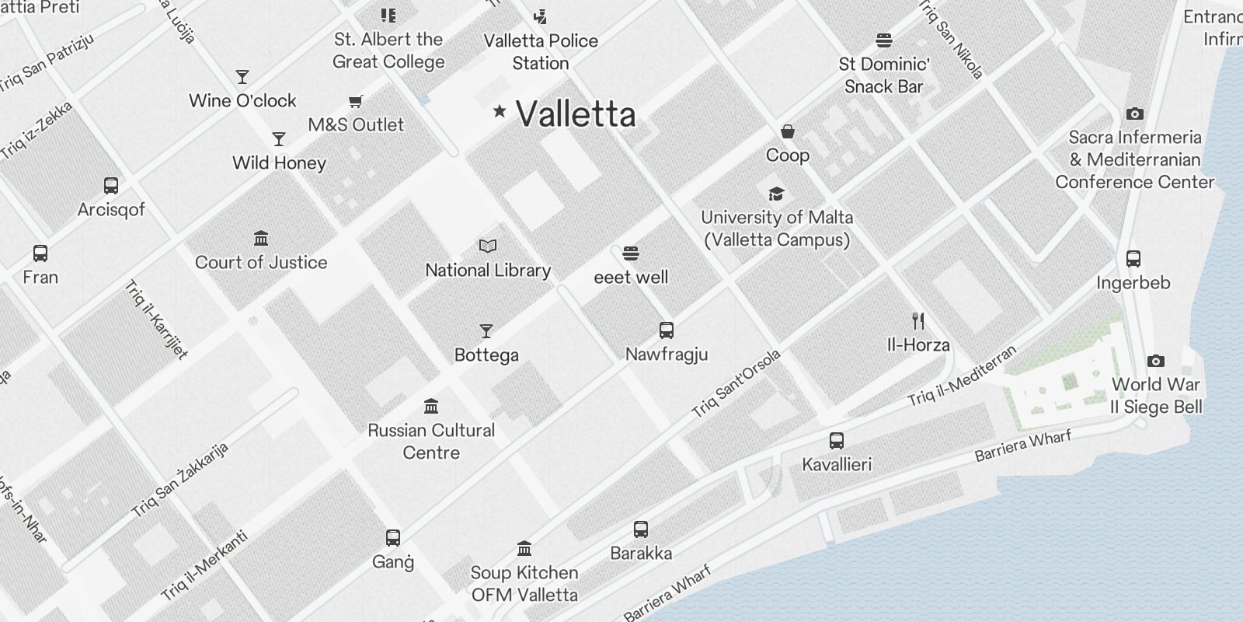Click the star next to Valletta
click(x=500, y=112)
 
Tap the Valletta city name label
click(x=576, y=114)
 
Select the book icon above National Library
click(x=488, y=246)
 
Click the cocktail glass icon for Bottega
click(x=486, y=331)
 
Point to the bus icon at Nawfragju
click(x=667, y=330)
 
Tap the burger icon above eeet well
click(x=631, y=253)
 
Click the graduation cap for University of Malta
click(x=776, y=194)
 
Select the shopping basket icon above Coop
click(x=788, y=131)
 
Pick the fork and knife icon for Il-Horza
click(x=918, y=321)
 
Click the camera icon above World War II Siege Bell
click(x=1156, y=361)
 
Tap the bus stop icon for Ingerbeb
click(x=1133, y=259)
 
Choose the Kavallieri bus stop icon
click(x=837, y=441)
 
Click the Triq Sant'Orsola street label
click(x=736, y=384)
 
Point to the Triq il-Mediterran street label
click(x=962, y=376)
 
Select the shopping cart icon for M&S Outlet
click(x=356, y=101)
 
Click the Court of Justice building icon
click(x=261, y=238)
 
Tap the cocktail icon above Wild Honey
click(x=279, y=139)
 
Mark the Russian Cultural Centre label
click(x=431, y=441)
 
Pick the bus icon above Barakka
click(x=641, y=529)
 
